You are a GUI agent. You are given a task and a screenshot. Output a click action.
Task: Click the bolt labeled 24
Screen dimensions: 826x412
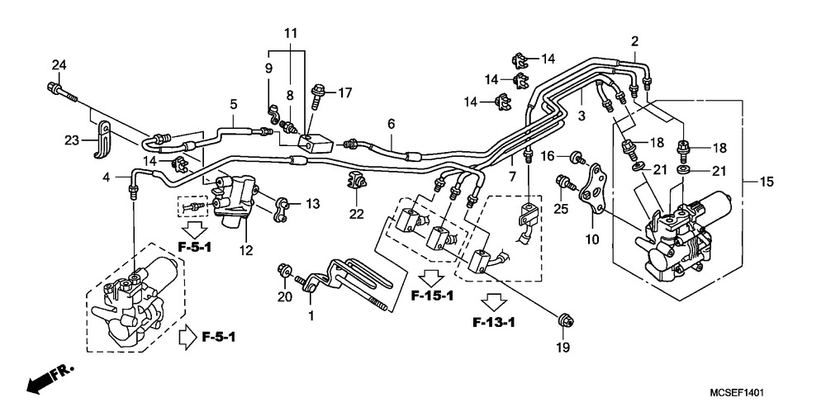(x=62, y=92)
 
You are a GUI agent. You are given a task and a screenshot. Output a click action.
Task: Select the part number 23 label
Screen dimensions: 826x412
(x=72, y=140)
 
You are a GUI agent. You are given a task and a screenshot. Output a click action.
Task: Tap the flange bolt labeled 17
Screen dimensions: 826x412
(x=318, y=96)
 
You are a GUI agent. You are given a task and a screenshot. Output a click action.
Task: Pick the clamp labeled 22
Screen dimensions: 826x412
(x=355, y=182)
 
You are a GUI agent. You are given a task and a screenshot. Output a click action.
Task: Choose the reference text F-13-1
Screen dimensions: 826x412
(x=494, y=323)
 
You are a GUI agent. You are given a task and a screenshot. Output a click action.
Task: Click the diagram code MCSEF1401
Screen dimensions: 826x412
(x=737, y=392)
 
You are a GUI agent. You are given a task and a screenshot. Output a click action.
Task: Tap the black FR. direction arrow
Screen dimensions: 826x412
(x=50, y=379)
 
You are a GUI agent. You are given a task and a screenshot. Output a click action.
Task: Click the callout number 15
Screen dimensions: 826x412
(x=767, y=182)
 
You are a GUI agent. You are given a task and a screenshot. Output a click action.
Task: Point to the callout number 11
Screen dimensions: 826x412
(x=291, y=34)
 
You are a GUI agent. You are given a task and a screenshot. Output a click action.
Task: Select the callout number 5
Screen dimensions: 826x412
(x=234, y=104)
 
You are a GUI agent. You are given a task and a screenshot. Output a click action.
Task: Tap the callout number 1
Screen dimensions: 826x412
(x=311, y=316)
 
